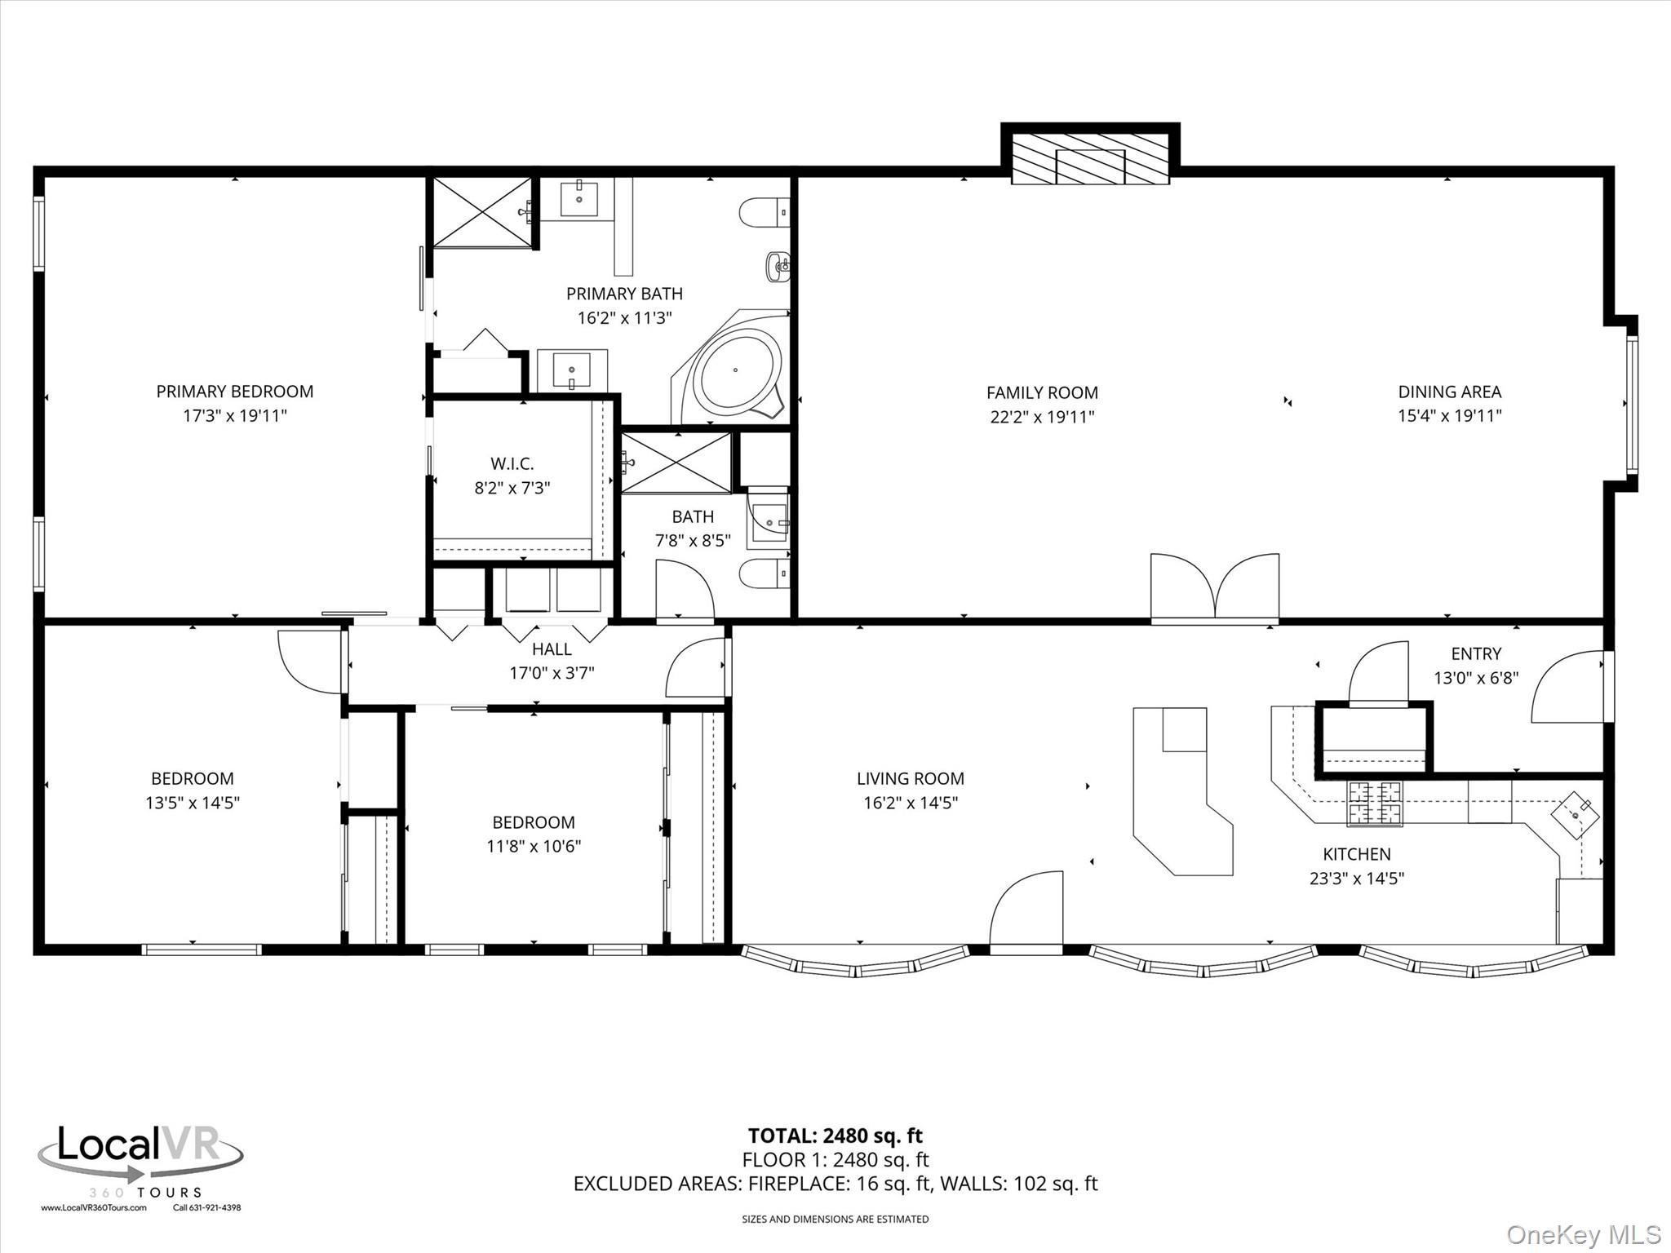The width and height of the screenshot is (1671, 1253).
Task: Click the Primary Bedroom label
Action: [x=234, y=392]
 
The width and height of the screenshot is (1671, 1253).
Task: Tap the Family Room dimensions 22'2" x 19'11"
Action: [x=1041, y=417]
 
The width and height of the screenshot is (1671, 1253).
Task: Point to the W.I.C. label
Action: [x=512, y=463]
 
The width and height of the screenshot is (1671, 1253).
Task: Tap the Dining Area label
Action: [x=1449, y=392]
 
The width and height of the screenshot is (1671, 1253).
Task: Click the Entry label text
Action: [x=1475, y=653]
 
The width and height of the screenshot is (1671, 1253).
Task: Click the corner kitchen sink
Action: [x=1575, y=813]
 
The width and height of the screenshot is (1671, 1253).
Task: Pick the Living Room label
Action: [x=910, y=778]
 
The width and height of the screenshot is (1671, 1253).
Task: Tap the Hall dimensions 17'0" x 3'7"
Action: [x=552, y=673]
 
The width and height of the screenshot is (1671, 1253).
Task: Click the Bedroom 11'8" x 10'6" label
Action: [x=533, y=822]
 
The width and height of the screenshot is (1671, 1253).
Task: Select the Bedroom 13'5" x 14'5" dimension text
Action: [x=193, y=803]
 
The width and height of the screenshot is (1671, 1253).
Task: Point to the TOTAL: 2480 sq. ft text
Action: [x=835, y=1136]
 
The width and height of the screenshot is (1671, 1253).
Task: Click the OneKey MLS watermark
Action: [x=1584, y=1234]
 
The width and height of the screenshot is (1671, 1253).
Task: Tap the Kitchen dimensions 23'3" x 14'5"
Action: [x=1356, y=879]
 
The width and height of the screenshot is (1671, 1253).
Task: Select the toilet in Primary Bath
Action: [x=764, y=213]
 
